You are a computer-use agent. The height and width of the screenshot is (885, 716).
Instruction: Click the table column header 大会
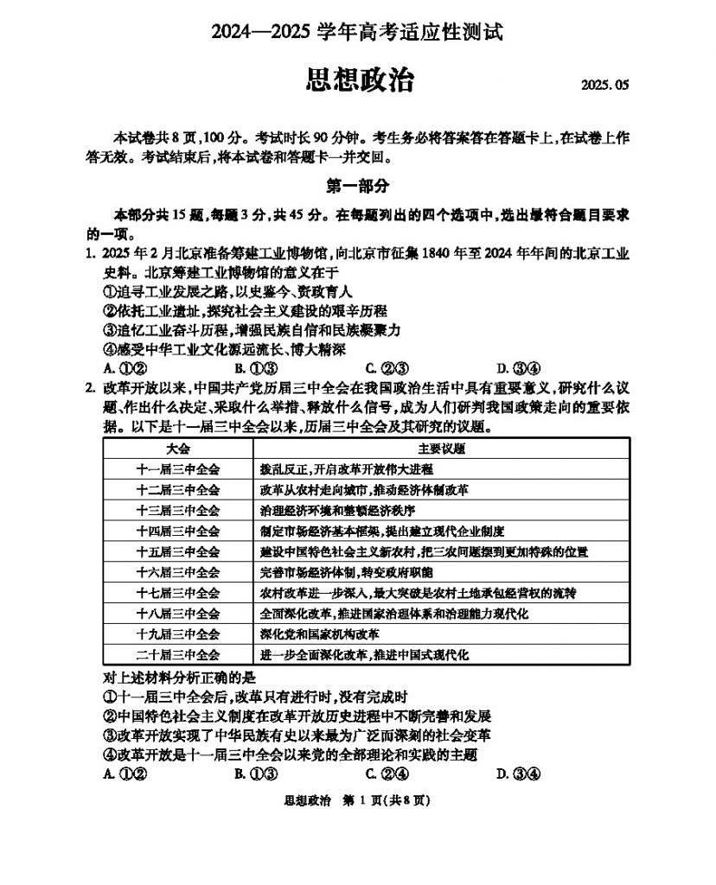(178, 449)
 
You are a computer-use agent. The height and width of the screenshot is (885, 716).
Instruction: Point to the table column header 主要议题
(441, 449)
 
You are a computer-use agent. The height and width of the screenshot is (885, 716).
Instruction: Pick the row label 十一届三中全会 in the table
(178, 469)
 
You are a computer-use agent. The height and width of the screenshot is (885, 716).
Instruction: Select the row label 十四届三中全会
(178, 531)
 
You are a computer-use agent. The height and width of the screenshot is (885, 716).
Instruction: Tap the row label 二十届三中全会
(178, 655)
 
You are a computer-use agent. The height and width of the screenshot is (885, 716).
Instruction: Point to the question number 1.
(89, 254)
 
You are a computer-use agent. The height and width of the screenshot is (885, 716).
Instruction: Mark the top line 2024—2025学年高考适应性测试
(358, 33)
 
